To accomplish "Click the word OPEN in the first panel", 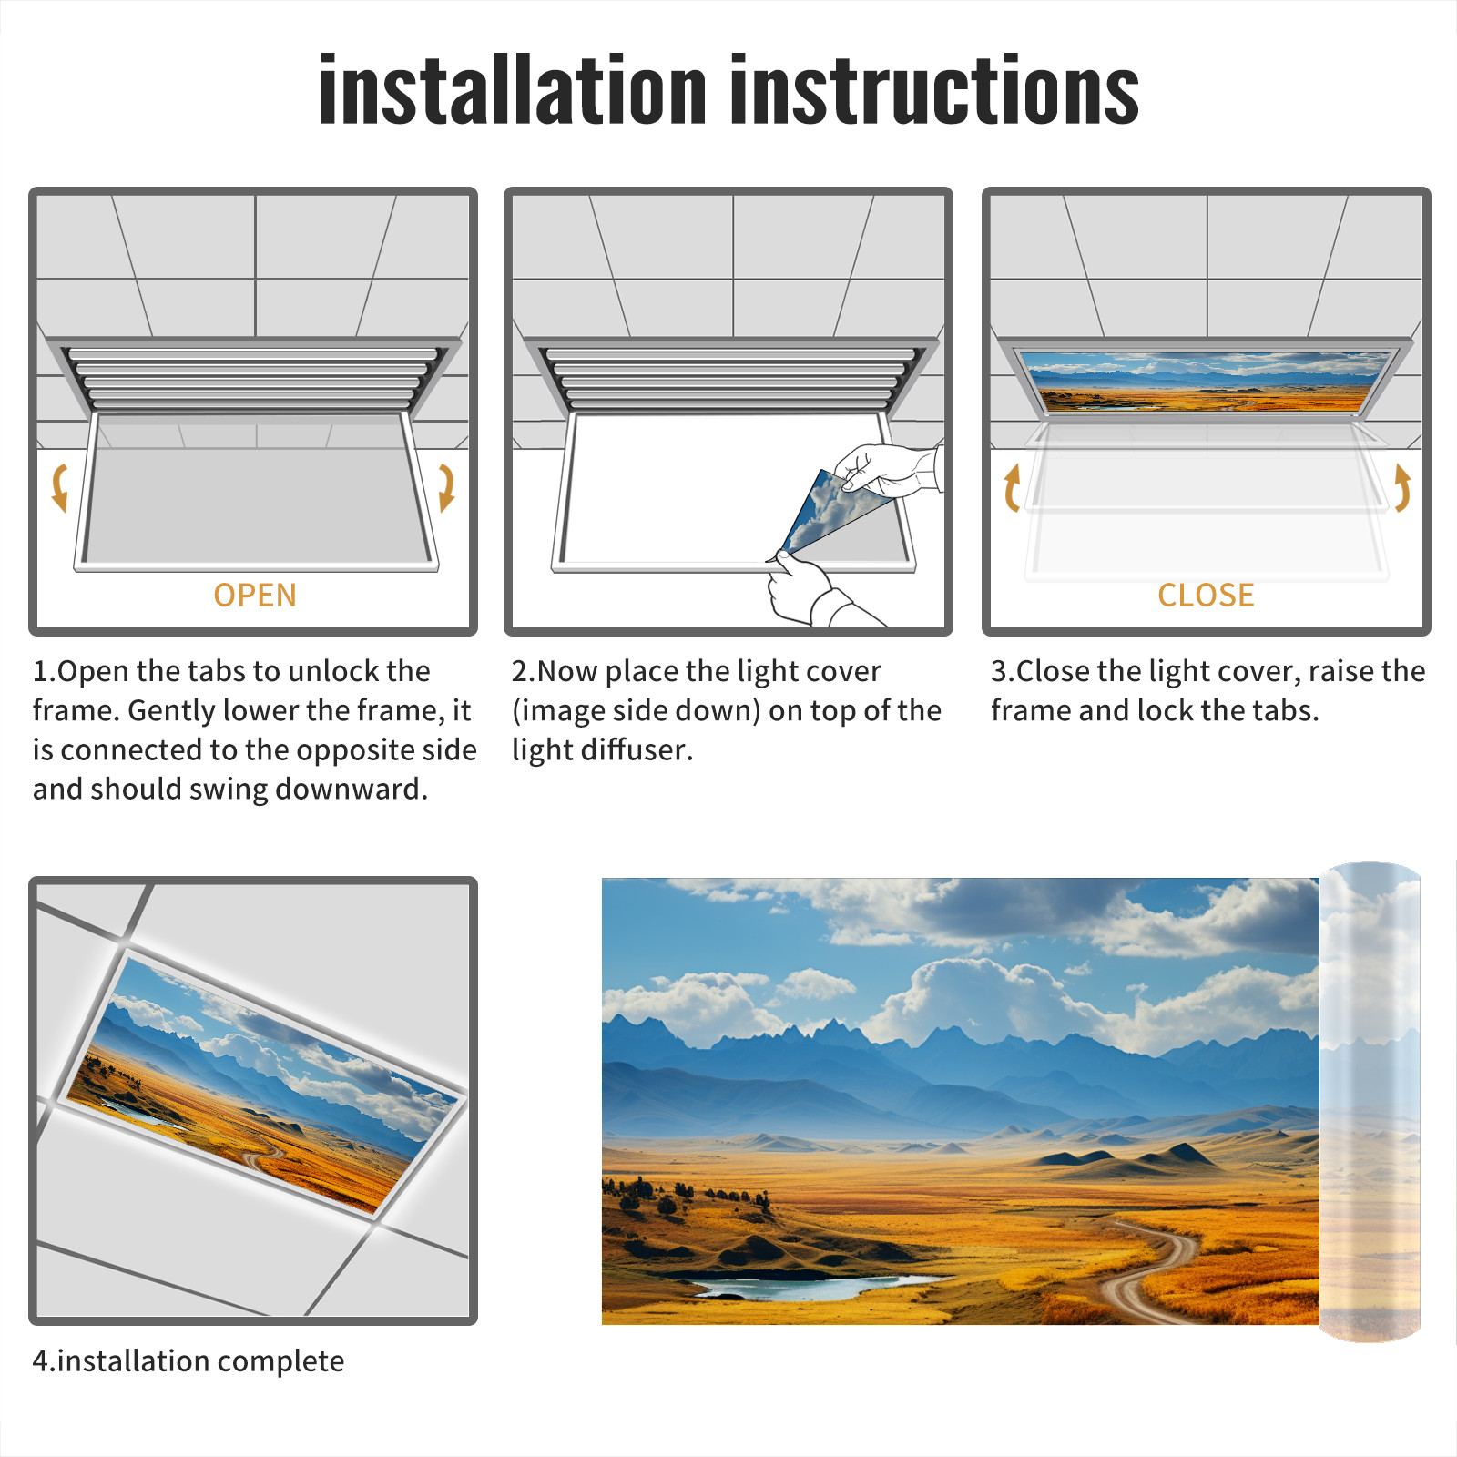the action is pyautogui.click(x=255, y=596).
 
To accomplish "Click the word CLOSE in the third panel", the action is pyautogui.click(x=1206, y=596).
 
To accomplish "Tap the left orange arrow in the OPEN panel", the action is pyautogui.click(x=60, y=487).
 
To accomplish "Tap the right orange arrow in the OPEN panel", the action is pyautogui.click(x=446, y=487).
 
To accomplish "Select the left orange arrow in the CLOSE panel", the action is pyautogui.click(x=1011, y=487).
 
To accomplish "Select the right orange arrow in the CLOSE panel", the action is pyautogui.click(x=1402, y=487).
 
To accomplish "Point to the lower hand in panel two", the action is pyautogui.click(x=810, y=590).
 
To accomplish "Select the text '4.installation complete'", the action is pyautogui.click(x=188, y=1361).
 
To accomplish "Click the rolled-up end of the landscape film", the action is pyautogui.click(x=1370, y=1102).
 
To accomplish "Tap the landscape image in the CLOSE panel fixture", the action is pyautogui.click(x=1207, y=382).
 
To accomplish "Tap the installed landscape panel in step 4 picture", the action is pyautogui.click(x=264, y=1084).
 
